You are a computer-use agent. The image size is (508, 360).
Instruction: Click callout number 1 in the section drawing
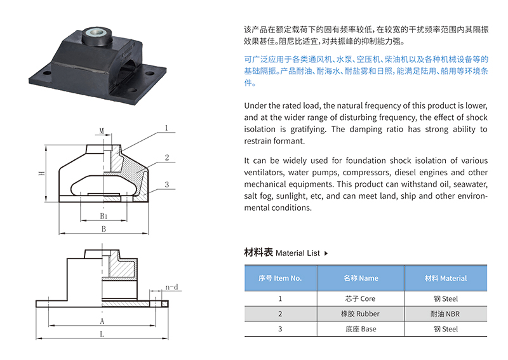click(x=166, y=128)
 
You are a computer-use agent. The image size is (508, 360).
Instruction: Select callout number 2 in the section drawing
click(x=167, y=157)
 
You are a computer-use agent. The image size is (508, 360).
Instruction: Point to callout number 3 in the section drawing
click(x=167, y=185)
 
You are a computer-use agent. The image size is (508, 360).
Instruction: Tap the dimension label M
click(x=102, y=131)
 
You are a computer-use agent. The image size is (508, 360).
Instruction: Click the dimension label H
click(x=41, y=173)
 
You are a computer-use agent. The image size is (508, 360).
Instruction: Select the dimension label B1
click(x=104, y=216)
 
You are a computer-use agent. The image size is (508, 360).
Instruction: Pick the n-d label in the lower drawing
click(x=171, y=287)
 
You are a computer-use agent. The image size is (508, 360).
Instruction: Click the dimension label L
click(x=102, y=334)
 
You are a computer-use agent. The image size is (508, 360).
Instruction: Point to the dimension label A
click(x=102, y=321)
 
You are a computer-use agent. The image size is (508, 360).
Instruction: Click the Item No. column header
click(x=280, y=278)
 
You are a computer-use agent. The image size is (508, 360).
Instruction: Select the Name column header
click(x=361, y=278)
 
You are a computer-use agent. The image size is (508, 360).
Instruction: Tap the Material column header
click(x=446, y=278)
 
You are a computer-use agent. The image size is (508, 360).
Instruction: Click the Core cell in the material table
click(x=360, y=299)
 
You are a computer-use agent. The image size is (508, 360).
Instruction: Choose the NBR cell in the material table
click(x=445, y=314)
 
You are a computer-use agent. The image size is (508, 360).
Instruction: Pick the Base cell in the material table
click(x=361, y=330)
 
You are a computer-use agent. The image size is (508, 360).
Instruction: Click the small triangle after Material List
click(x=326, y=253)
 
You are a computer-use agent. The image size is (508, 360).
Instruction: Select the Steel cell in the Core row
click(x=446, y=299)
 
